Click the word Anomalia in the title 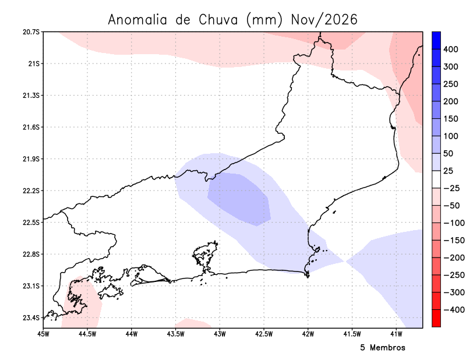137,20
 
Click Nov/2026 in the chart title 324,20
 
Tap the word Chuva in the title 218,20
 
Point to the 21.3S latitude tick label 31,96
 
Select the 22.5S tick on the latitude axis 31,223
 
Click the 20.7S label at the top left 31,32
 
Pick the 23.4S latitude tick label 31,318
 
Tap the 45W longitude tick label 44,334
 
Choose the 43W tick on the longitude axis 220,334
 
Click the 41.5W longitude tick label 352,334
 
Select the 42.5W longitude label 264,334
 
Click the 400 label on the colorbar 450,50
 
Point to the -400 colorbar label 454,310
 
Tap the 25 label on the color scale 449,171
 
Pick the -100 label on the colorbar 454,223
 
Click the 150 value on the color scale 450,119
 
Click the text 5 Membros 383,348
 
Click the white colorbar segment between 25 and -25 436,179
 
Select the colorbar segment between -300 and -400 436,301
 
